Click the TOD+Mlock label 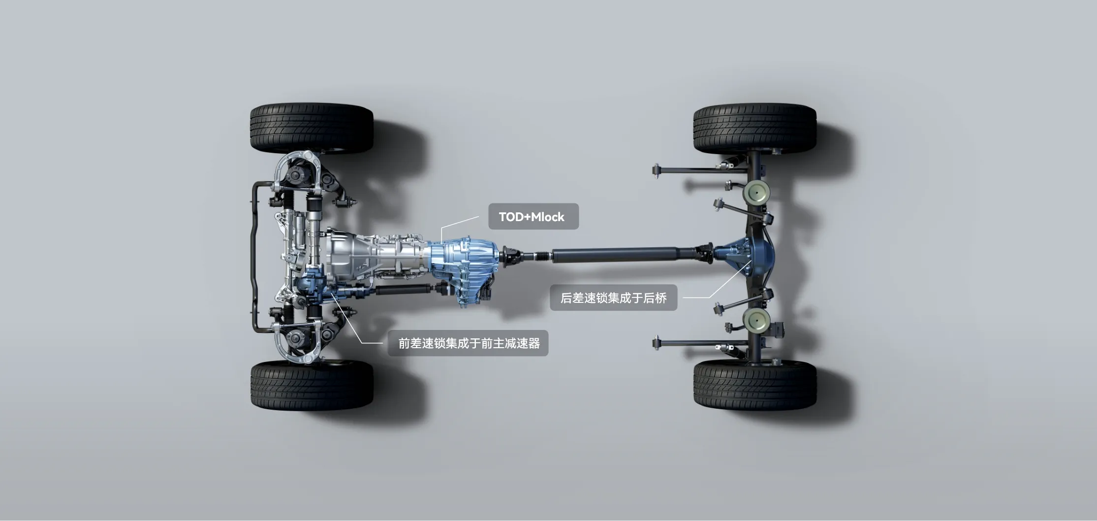533,217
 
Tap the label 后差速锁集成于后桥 613,297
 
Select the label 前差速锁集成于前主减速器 468,343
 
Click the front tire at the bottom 312,385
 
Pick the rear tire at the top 755,127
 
